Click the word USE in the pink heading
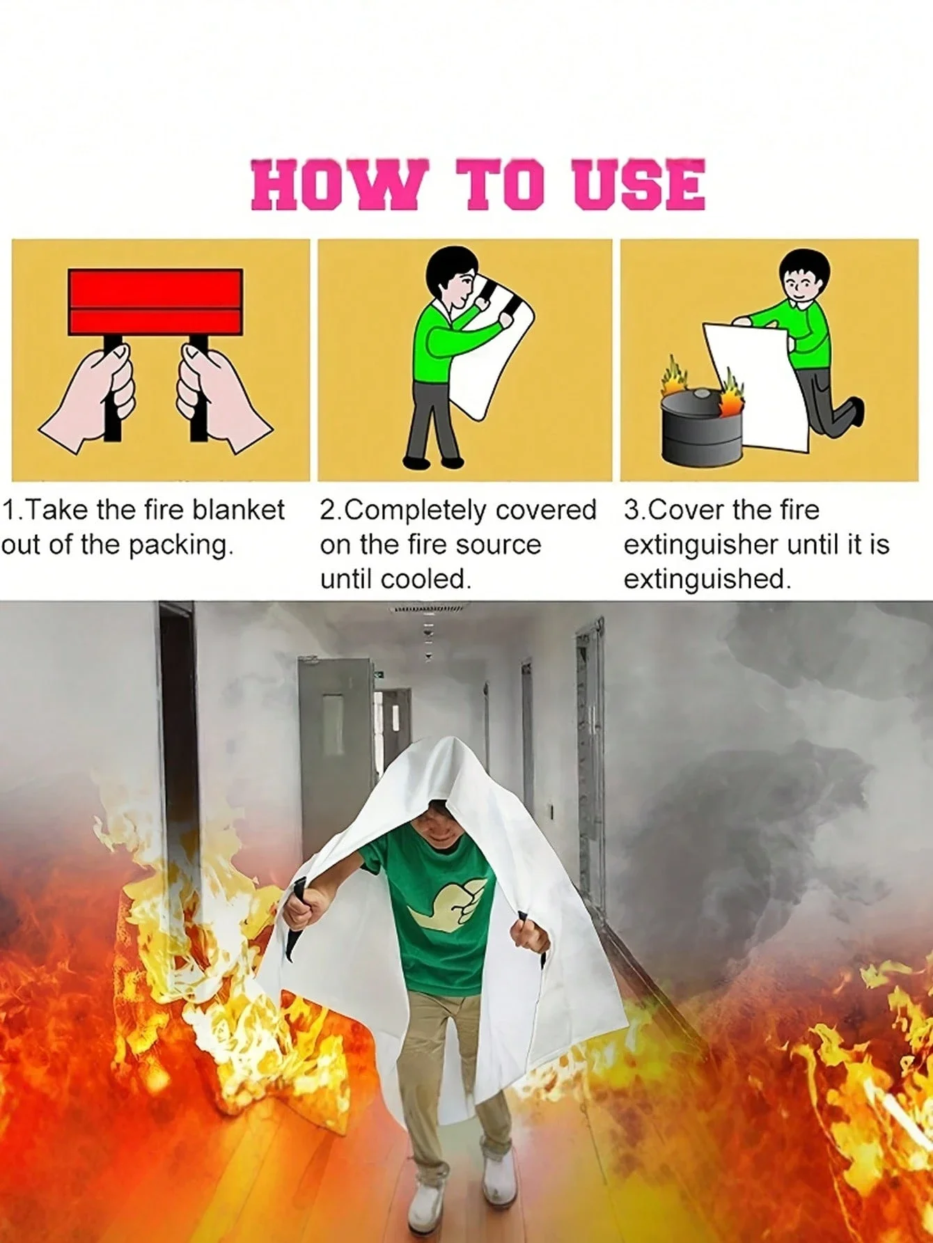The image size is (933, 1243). (x=640, y=185)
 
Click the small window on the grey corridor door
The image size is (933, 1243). (x=334, y=718)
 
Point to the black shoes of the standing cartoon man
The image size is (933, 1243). (x=433, y=462)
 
